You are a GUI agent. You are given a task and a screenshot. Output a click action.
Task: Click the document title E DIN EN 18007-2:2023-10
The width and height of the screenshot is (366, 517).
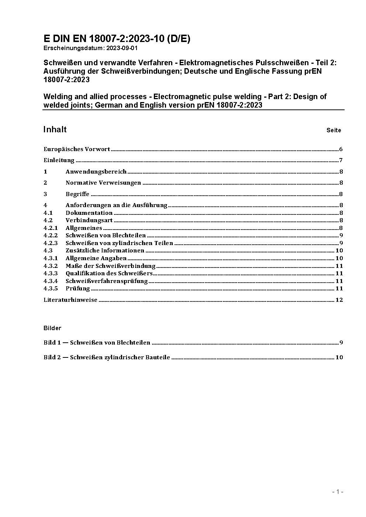click(117, 39)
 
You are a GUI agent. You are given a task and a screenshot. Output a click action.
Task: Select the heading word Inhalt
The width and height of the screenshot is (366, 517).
click(55, 129)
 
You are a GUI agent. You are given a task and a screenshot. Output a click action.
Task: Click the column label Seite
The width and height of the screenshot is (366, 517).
click(334, 130)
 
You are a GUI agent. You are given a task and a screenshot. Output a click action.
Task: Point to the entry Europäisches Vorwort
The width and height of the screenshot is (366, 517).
click(77, 149)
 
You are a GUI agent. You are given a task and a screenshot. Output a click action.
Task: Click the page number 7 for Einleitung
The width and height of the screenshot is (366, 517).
click(341, 160)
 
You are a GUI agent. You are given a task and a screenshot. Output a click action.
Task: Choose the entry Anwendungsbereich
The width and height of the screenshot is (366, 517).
click(96, 172)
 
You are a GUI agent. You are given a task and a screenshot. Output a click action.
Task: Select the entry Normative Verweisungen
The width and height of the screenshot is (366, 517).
click(103, 183)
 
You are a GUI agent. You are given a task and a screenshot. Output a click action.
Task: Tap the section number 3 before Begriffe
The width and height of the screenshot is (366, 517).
click(45, 194)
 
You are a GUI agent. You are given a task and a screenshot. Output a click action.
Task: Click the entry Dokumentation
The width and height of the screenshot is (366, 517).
click(89, 213)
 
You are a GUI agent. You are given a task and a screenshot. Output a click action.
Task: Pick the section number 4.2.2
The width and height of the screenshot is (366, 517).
click(51, 235)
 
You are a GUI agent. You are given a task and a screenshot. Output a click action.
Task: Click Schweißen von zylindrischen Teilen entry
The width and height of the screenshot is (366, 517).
click(119, 243)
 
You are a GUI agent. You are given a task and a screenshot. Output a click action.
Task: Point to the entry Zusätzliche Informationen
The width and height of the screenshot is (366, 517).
click(105, 251)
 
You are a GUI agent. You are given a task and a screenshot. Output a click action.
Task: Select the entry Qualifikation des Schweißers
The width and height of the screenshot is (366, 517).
click(109, 273)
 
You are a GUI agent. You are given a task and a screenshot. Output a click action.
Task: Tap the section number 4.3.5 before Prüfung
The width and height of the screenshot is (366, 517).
click(51, 289)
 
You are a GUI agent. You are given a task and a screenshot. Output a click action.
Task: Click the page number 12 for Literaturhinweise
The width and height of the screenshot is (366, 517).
click(339, 300)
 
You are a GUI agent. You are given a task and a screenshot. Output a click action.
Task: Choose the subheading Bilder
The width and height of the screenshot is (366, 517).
click(52, 328)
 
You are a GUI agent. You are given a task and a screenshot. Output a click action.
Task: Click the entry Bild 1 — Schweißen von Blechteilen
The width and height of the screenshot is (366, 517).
click(97, 343)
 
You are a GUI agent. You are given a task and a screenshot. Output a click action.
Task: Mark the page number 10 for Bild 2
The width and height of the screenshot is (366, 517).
click(339, 357)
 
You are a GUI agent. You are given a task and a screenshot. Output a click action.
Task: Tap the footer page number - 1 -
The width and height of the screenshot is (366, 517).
click(338, 492)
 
